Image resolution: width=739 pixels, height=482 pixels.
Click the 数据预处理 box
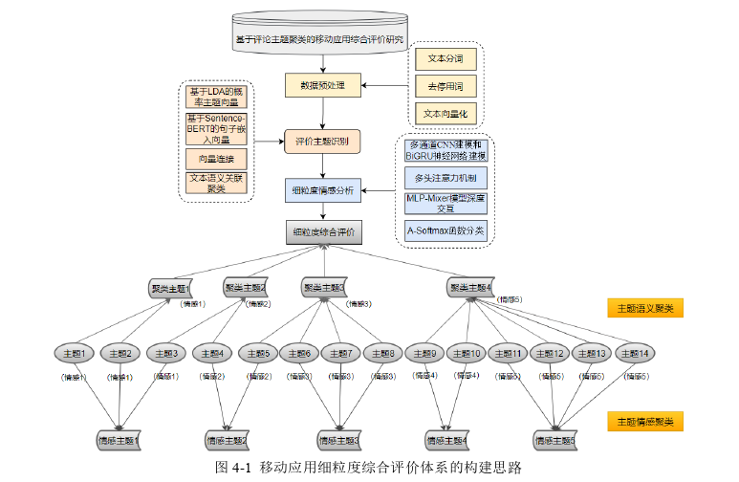322,85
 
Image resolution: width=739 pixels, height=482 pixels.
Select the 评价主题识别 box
322,142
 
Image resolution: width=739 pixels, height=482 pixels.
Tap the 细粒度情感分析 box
322,190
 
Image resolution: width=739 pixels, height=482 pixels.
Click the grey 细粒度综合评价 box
322,231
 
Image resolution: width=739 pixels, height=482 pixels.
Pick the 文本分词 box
445,58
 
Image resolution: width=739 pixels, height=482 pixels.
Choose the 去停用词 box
445,86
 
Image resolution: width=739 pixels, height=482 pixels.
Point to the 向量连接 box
214,157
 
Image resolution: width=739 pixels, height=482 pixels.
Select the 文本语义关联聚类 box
214,183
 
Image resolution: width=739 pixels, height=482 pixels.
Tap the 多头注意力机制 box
446,178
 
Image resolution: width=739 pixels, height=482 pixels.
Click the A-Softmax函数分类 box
446,230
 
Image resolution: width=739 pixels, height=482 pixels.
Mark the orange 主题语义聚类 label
645,308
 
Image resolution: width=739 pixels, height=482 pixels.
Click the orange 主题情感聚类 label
645,421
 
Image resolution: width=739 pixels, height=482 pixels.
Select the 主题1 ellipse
73,355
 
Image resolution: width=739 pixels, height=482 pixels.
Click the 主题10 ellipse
468,355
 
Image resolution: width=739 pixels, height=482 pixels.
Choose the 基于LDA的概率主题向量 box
214,98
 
